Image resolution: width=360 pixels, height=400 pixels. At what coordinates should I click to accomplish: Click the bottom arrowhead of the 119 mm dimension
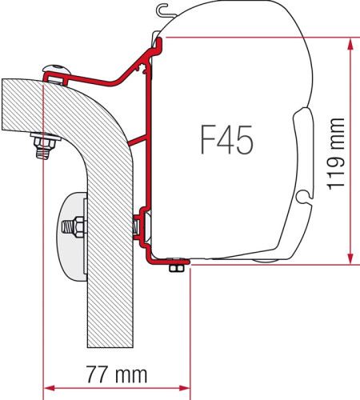point(348,258)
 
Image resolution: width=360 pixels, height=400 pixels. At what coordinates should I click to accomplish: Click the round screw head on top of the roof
point(55,70)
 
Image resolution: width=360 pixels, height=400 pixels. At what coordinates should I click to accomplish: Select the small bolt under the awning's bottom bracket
point(173,269)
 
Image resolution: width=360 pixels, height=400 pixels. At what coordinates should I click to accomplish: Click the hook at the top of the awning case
point(166,11)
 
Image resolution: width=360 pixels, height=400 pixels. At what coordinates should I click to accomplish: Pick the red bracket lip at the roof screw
point(54,78)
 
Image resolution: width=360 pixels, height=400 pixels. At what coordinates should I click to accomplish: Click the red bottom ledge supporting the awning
point(168,260)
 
